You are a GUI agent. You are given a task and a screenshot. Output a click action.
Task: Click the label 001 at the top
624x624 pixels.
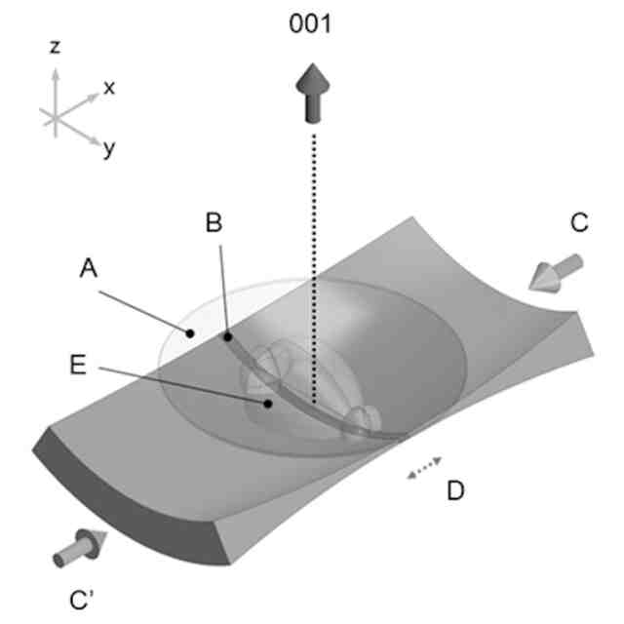(311, 23)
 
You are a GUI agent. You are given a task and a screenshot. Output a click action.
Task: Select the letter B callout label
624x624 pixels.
(215, 222)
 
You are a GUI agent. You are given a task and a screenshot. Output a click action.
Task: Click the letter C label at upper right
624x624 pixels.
(579, 223)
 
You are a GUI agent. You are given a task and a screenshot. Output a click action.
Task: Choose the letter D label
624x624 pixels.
(454, 490)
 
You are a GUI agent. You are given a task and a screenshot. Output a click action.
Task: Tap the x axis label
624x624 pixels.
(109, 88)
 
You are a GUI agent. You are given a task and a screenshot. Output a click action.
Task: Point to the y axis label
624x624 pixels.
(109, 149)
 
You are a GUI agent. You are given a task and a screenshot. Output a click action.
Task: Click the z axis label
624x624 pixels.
(56, 46)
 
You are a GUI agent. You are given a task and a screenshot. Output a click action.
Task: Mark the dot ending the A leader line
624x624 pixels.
(193, 332)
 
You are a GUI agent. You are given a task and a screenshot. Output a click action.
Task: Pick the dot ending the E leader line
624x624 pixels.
(265, 401)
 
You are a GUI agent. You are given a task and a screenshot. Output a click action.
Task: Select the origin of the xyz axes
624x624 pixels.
(56, 115)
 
